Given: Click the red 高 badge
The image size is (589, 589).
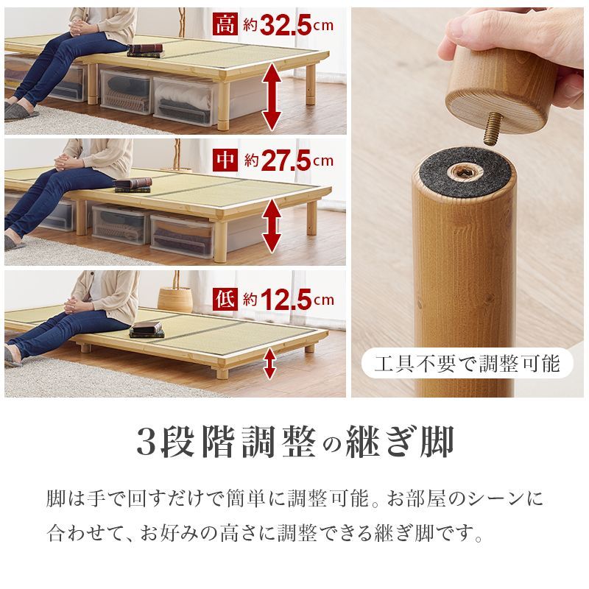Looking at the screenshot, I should point(225,24).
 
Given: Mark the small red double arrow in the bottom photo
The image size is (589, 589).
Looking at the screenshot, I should point(270,363).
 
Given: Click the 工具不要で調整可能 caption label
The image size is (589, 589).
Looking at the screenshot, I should point(467,363).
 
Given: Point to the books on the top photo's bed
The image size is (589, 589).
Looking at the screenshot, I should point(144,50).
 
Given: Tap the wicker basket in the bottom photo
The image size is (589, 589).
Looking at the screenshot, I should point(175,298).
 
